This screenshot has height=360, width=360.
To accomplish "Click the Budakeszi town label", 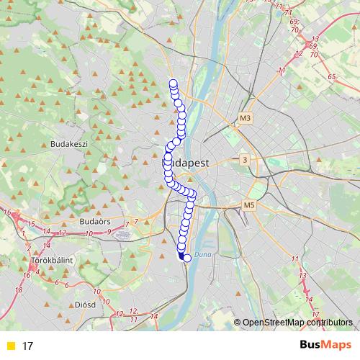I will tap(69, 144).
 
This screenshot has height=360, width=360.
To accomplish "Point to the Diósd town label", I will tap(85, 305).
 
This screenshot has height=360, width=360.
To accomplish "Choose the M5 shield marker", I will tap(249, 206).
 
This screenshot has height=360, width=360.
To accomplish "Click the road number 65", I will tap(331, 76).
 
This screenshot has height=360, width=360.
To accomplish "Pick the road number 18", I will tap(19, 289).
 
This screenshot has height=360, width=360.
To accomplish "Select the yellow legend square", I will tap(10, 346).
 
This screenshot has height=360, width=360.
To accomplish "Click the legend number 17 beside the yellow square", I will tap(28, 346).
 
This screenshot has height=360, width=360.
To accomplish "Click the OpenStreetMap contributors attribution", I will tap(297, 323).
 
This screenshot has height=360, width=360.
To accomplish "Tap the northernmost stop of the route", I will tap(174, 83).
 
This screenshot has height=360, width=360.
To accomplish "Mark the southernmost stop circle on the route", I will tap(187, 258).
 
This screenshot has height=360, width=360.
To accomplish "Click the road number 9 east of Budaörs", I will tap(108, 231).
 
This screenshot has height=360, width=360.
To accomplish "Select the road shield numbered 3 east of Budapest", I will tap(245, 159).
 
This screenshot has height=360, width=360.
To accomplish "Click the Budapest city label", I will tap(186, 163).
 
